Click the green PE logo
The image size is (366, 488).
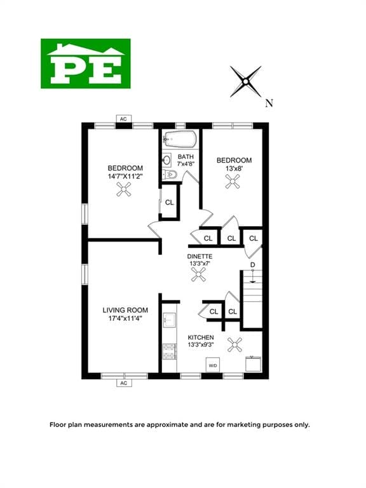pyautogui.click(x=86, y=63)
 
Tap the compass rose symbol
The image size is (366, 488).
pyautogui.click(x=246, y=81)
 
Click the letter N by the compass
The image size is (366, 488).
pyautogui.click(x=269, y=103)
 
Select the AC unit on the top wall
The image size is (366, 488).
pyautogui.click(x=124, y=119)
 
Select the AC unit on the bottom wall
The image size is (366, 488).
pyautogui.click(x=124, y=383)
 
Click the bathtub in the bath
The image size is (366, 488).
pyautogui.click(x=179, y=139)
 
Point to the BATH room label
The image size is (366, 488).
pyautogui.click(x=186, y=157)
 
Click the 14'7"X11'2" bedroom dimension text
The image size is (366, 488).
pyautogui.click(x=125, y=177)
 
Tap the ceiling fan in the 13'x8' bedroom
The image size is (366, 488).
pyautogui.click(x=234, y=181)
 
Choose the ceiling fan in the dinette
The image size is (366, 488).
pyautogui.click(x=200, y=274)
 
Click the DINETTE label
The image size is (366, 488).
pyautogui.click(x=200, y=256)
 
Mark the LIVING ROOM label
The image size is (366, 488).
pyautogui.click(x=125, y=310)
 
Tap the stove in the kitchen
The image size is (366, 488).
pyautogui.click(x=169, y=351)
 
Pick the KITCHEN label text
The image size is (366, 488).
pyautogui.click(x=200, y=337)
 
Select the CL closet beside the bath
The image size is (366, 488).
pyautogui.click(x=170, y=202)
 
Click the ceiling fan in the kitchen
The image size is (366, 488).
pyautogui.click(x=236, y=345)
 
